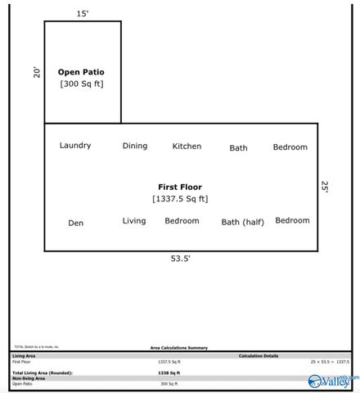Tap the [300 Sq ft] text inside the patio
pos(81,84)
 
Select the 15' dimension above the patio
pos(82,14)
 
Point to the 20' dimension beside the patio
pos(37,72)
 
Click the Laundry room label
pos(75,146)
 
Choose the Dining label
pos(135,146)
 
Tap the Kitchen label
pos(187,147)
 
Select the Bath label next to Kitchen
pos(238,148)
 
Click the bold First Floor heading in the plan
pos(180,187)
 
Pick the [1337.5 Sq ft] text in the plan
pos(180,199)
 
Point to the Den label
pos(75,223)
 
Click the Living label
pos(134,221)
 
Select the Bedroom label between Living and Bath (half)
pos(182,221)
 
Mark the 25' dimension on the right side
pos(325,187)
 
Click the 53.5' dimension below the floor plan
pos(180,258)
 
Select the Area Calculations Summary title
pos(178,347)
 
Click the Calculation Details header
pos(259,355)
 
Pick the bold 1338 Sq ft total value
pos(169,373)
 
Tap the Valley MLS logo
pos(331,380)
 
